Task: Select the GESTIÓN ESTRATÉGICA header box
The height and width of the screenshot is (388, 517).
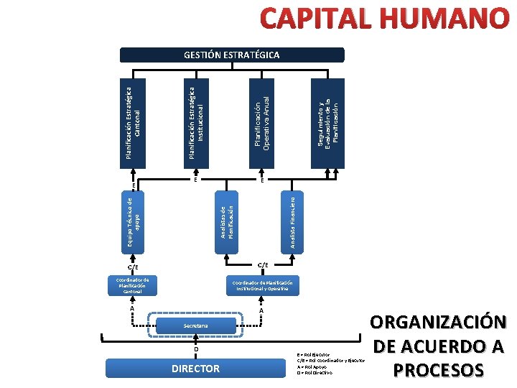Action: pyautogui.click(x=231, y=55)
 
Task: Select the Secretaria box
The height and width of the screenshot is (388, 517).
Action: pyautogui.click(x=195, y=326)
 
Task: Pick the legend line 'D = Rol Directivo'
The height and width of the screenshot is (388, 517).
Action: pyautogui.click(x=315, y=373)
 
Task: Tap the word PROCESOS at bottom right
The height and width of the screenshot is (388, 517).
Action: pyautogui.click(x=439, y=369)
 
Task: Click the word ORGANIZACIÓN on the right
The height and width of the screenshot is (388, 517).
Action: pyautogui.click(x=439, y=323)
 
